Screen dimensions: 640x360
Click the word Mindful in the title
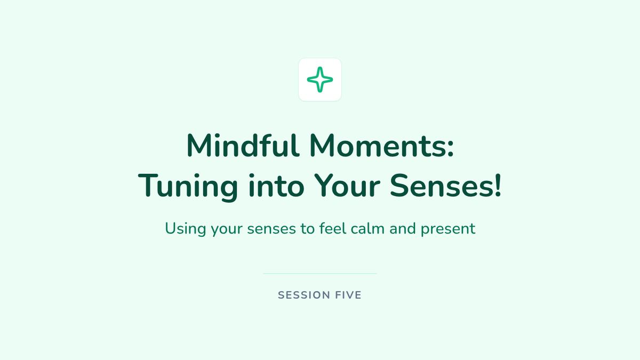[x=243, y=146]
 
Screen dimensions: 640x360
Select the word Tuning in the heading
[x=188, y=186]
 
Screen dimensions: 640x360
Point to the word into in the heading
[x=276, y=186]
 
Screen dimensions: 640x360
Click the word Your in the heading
[x=347, y=186]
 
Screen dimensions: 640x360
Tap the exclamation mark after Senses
[x=498, y=186]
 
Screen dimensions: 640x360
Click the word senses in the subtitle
[x=271, y=229]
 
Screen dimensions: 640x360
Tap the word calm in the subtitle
[x=367, y=228]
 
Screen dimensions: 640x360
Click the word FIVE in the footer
[x=348, y=295]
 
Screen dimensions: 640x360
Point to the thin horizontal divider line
[x=320, y=274]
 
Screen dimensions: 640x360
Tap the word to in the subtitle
[x=307, y=229]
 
